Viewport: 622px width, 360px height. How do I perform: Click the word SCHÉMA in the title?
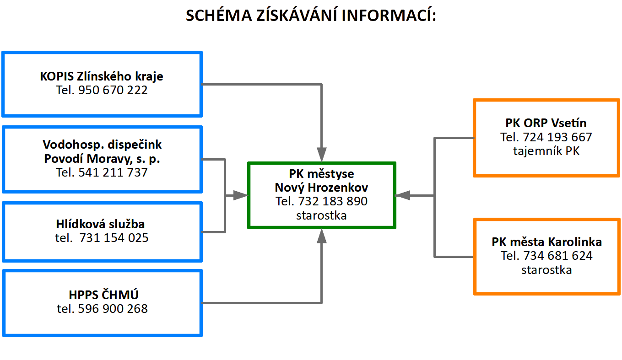(x=219, y=15)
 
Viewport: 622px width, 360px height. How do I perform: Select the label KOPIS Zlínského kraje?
(x=101, y=76)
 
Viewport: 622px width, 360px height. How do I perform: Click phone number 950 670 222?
(x=113, y=90)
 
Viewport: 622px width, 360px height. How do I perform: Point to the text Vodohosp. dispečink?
(x=102, y=145)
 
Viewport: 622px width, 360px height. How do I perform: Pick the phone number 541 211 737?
(x=113, y=172)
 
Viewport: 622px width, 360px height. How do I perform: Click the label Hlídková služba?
(x=100, y=224)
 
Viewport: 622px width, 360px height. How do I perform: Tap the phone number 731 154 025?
(x=114, y=238)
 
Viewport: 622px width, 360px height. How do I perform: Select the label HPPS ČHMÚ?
(x=103, y=295)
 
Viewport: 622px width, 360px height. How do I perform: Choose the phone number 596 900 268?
(x=113, y=309)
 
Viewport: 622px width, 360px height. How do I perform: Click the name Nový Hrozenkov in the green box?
(x=321, y=188)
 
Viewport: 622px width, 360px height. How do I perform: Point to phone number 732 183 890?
(x=333, y=201)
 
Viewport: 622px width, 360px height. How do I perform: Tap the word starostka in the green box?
(x=321, y=215)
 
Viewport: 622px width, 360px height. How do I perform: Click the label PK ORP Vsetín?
(x=546, y=123)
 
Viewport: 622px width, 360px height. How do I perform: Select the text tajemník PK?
(x=546, y=151)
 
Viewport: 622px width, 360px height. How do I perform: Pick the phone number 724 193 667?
(x=557, y=137)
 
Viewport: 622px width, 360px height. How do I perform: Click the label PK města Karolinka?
(x=546, y=242)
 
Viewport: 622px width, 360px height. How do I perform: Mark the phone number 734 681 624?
(x=558, y=256)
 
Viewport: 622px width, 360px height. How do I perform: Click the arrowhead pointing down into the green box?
(x=322, y=155)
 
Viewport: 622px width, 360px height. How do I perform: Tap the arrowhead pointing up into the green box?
(x=322, y=236)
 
